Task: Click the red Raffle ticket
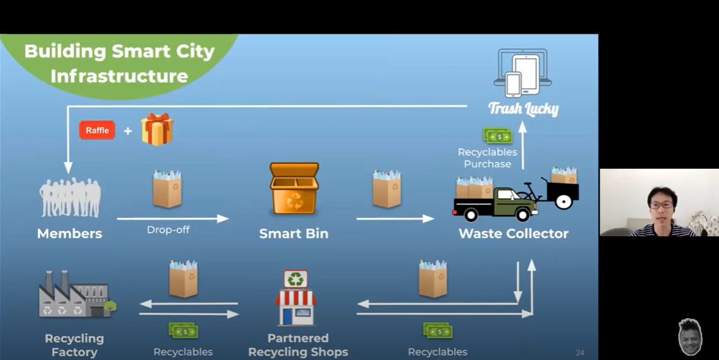tap(97, 130)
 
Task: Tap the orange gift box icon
tap(156, 129)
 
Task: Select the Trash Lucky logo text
tap(523, 109)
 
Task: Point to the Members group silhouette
tap(70, 197)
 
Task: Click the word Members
tap(69, 234)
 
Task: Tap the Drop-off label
tap(168, 230)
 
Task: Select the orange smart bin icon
tap(294, 188)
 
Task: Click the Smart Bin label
tap(294, 234)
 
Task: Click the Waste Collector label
tap(513, 234)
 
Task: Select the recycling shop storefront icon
tap(295, 298)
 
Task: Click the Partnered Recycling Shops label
tap(298, 345)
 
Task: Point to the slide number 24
tap(580, 353)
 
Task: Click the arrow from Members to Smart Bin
tap(173, 218)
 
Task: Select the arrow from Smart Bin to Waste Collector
tap(395, 218)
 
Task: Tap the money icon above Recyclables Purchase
tap(497, 136)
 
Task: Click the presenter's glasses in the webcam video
tap(661, 204)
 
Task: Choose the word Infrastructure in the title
tap(119, 76)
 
